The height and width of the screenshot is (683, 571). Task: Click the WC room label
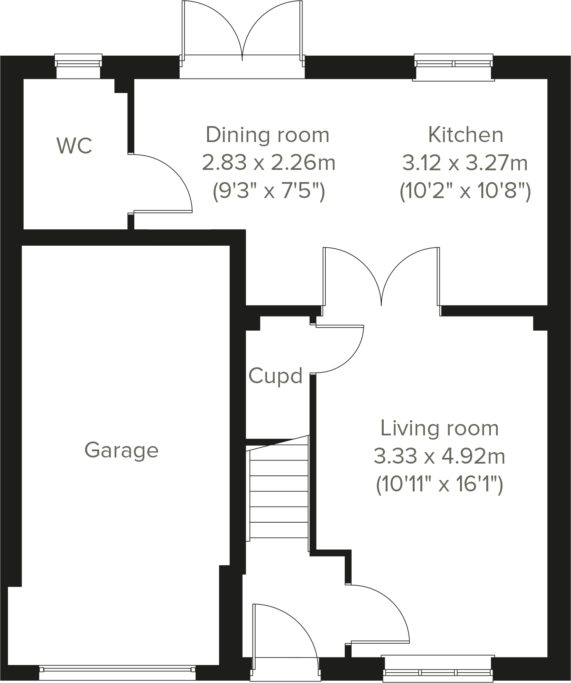tap(74, 146)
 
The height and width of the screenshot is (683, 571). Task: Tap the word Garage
tap(121, 450)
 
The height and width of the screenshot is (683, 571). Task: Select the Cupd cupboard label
tap(275, 376)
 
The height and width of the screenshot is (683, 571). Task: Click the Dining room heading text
tap(267, 135)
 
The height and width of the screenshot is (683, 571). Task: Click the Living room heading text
tap(439, 428)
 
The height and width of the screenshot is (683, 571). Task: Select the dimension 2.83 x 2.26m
tap(268, 163)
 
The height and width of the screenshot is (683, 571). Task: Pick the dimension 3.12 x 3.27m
tap(465, 163)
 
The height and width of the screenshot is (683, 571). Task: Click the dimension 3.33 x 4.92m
tap(439, 456)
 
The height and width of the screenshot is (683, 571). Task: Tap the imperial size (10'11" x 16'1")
tap(439, 485)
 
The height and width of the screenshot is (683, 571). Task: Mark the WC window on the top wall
tap(79, 61)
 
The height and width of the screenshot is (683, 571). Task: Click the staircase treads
tap(279, 491)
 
